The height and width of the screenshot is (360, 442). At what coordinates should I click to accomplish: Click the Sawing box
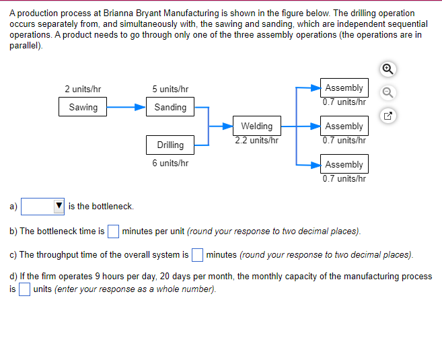coord(83,107)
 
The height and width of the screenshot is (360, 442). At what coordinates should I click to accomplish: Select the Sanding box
coord(170,107)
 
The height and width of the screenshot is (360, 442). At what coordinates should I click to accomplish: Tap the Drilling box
coord(170,145)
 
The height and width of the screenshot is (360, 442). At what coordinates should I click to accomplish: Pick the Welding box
coord(256,126)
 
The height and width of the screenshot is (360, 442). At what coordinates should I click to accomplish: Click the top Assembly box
coord(344,88)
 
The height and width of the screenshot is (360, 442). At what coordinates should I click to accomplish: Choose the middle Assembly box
coord(344,126)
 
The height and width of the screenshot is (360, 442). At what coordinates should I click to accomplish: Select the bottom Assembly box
coord(344,164)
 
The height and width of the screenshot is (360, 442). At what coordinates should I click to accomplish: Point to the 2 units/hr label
coord(83,89)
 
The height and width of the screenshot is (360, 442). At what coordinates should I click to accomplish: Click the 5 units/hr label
coord(170,89)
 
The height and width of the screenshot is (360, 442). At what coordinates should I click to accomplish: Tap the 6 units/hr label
coord(170,163)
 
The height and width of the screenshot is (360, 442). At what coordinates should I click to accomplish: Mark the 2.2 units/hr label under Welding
coord(256,141)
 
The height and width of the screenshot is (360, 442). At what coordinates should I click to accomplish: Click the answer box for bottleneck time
coord(114,231)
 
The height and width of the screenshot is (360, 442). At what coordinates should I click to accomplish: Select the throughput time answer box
coord(197,254)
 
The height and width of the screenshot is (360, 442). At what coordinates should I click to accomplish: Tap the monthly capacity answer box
coord(24,289)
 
